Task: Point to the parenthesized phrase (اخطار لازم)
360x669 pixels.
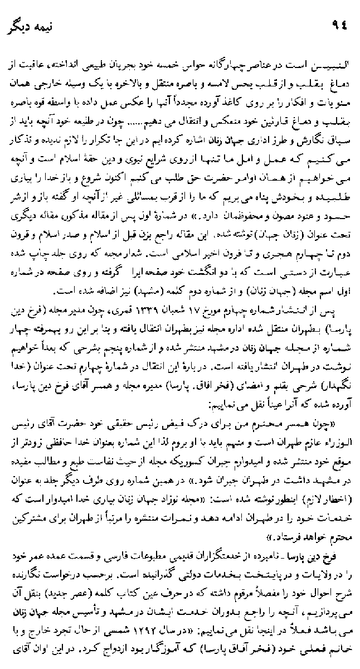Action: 328,494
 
